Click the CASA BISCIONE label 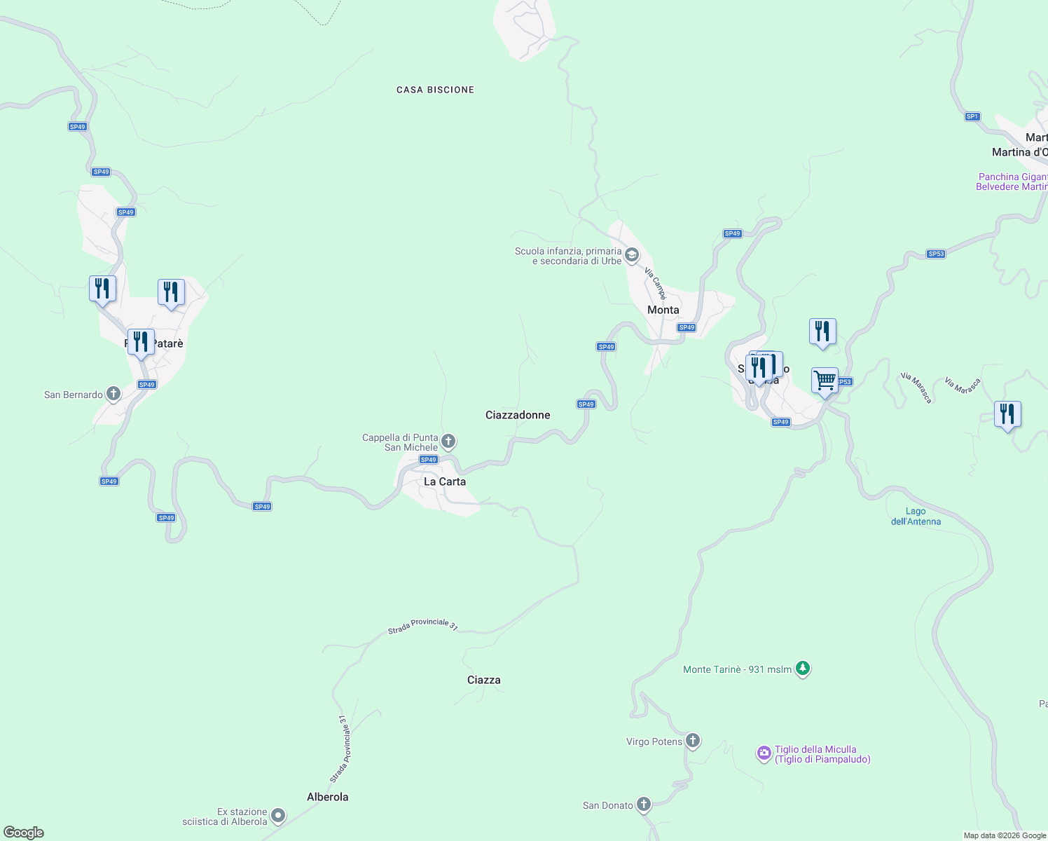click(435, 90)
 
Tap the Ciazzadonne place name click(518, 415)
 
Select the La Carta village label click(444, 481)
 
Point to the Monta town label click(663, 310)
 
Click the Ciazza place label click(483, 680)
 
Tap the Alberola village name click(327, 797)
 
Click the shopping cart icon click(825, 381)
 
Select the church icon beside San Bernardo click(113, 394)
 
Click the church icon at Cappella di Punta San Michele click(448, 442)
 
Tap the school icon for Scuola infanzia click(631, 254)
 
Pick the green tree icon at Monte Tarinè click(803, 669)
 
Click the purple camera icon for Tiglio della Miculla click(764, 753)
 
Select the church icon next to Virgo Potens click(692, 741)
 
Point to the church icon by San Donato click(643, 805)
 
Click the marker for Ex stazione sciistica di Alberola click(278, 815)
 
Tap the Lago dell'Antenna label click(916, 517)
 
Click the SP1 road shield click(972, 116)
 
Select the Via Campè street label click(656, 283)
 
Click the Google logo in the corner click(24, 832)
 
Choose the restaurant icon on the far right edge click(1007, 413)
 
